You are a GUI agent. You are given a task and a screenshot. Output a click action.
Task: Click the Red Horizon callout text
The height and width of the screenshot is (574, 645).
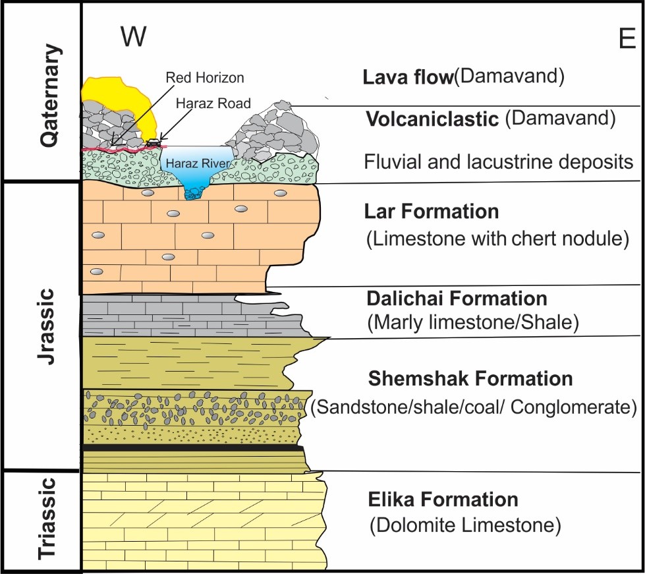tap(205, 78)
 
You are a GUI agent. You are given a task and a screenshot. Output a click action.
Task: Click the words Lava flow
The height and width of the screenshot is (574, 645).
tap(407, 78)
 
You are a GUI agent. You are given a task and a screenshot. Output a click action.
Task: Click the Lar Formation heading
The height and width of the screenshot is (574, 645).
tap(432, 212)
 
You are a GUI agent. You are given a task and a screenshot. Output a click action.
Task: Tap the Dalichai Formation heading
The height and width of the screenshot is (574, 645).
tap(457, 299)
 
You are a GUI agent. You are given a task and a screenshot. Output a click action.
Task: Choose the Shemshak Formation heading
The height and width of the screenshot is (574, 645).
tap(470, 379)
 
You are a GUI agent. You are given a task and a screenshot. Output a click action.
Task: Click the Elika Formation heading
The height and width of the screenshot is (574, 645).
tap(443, 499)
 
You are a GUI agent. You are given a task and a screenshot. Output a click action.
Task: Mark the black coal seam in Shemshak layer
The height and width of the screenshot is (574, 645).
tap(191, 448)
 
